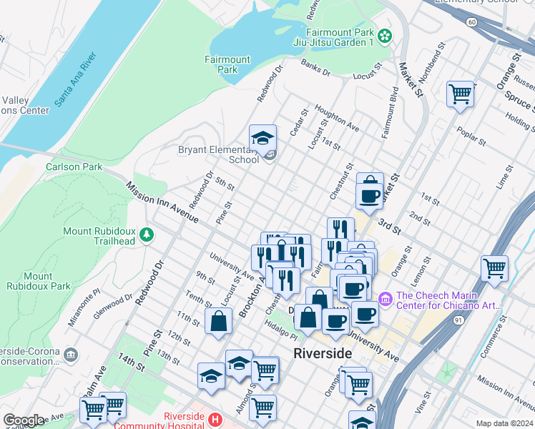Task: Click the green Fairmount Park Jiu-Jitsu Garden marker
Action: pos(385,35)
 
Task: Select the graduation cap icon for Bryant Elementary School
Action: pos(262,137)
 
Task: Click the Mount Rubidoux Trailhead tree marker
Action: pos(147,235)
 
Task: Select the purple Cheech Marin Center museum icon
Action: pos(385,297)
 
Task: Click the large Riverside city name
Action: pos(323,354)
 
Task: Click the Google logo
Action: pos(24,420)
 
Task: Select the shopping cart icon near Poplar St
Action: pos(460,94)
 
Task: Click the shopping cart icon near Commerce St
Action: pos(494,268)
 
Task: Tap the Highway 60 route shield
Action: pos(471,22)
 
